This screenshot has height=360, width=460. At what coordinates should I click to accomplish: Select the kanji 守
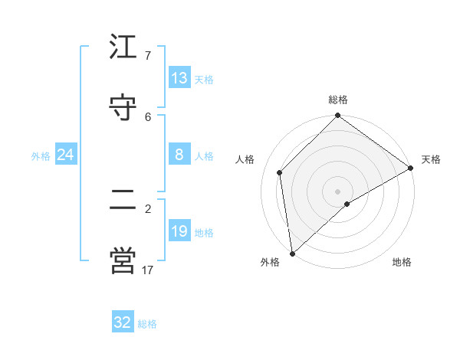(123, 108)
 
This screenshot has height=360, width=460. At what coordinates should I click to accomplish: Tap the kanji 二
(123, 200)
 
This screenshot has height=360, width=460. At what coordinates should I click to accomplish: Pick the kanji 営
(123, 260)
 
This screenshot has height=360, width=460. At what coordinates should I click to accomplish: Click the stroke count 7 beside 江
(147, 56)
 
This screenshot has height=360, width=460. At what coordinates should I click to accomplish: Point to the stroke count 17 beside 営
(147, 270)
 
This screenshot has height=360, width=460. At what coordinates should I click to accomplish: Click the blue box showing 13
(179, 78)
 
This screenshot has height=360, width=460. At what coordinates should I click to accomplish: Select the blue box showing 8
(179, 155)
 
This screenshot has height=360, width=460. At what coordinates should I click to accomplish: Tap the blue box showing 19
(179, 231)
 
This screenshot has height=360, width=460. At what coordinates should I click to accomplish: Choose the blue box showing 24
(65, 155)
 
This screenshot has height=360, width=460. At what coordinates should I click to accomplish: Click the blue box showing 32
(123, 322)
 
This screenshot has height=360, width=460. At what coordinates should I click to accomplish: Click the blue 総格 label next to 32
(147, 324)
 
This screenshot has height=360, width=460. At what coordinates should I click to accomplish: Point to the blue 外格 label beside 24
(41, 156)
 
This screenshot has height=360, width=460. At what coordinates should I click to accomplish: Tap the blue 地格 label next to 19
(204, 233)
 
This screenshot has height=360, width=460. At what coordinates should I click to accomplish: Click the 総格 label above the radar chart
(338, 100)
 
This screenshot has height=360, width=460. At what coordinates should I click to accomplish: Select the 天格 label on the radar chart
(431, 159)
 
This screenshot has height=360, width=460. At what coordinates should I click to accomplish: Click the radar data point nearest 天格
(411, 169)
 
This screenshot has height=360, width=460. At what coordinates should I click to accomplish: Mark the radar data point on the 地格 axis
(347, 204)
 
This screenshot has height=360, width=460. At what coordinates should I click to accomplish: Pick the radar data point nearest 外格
(292, 253)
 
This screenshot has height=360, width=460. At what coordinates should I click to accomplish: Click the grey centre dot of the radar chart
(338, 191)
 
